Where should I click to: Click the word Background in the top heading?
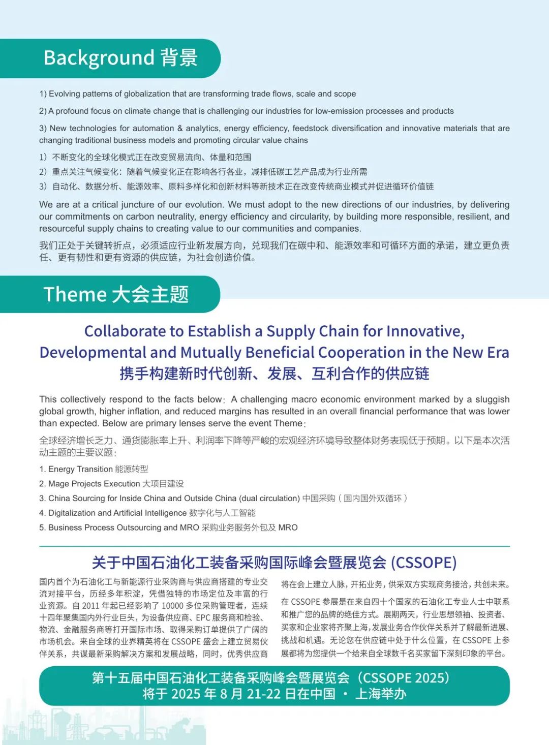(99, 58)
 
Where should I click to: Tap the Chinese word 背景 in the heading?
(179, 58)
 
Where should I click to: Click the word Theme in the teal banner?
(75, 295)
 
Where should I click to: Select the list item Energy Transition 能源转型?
(94, 469)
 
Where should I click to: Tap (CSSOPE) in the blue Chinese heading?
(423, 563)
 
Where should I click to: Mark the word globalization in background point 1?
(146, 94)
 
